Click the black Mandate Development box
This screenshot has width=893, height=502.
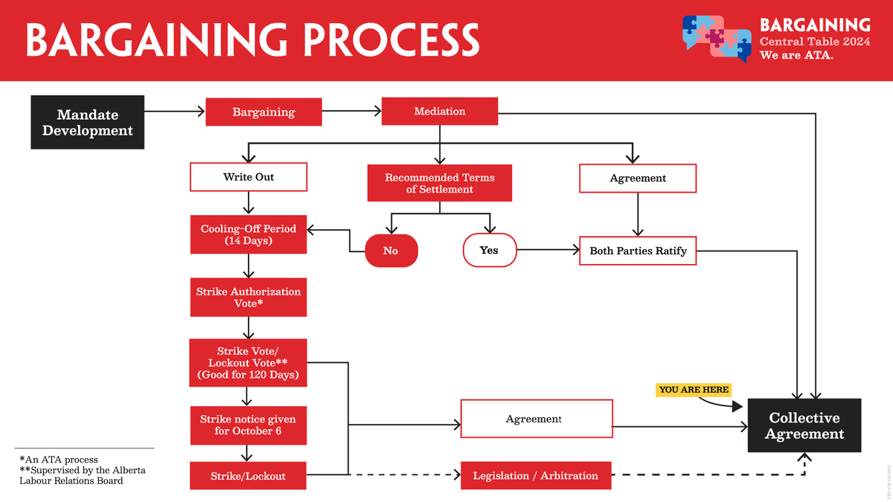click(x=87, y=122)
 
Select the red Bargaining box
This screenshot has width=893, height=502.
click(x=263, y=112)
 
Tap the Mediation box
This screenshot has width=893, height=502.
click(x=440, y=112)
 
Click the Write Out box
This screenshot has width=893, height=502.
click(x=249, y=178)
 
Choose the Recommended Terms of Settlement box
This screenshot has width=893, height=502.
click(x=440, y=183)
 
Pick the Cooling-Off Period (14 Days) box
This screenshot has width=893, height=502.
click(x=249, y=235)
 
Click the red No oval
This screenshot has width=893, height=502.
click(x=391, y=251)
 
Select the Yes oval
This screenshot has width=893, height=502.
click(x=489, y=250)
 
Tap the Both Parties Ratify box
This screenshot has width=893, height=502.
click(x=638, y=251)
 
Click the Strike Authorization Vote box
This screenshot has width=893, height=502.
click(x=249, y=297)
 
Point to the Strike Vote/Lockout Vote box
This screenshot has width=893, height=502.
click(x=249, y=363)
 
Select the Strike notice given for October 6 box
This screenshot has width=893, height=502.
click(x=249, y=425)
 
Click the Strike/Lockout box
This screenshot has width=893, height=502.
click(x=249, y=476)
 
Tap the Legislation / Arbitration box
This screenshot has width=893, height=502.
click(x=536, y=476)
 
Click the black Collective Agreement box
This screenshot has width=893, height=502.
click(x=804, y=426)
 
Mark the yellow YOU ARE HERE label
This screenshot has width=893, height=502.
click(x=694, y=390)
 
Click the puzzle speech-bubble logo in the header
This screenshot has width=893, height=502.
click(x=716, y=39)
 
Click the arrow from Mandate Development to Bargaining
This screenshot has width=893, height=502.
click(x=174, y=112)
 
